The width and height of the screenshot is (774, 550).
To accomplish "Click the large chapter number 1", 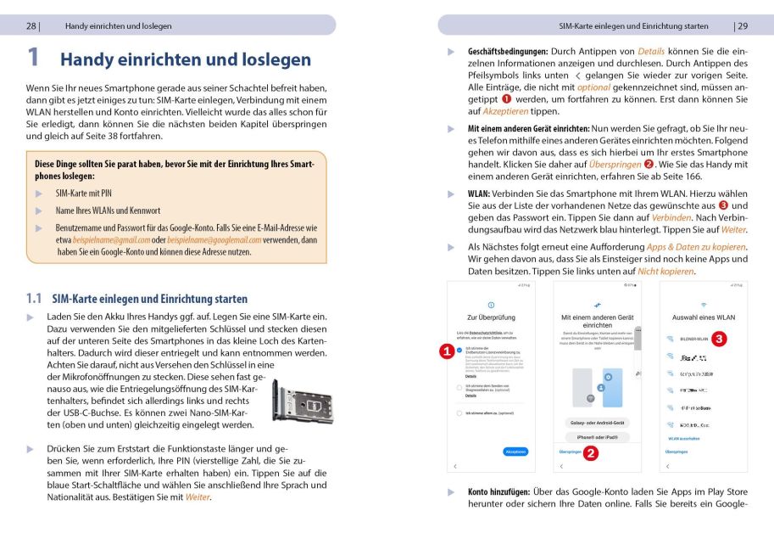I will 33,58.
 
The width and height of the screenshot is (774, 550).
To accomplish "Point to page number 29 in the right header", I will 742,25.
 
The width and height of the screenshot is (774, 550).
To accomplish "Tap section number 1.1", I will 34,299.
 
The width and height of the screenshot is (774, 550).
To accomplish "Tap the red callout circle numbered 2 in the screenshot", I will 592,452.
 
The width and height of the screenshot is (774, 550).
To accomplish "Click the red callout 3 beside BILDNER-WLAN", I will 720,339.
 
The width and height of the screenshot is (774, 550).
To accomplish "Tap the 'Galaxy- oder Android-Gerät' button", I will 598,422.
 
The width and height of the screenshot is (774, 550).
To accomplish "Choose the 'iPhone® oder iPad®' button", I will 598,437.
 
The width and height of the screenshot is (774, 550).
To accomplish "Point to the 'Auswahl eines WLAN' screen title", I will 703,317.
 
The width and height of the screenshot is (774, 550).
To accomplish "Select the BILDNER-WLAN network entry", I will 693,339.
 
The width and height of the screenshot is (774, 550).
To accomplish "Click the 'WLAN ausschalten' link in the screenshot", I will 683,439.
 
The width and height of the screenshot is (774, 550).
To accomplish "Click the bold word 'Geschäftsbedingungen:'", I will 508,52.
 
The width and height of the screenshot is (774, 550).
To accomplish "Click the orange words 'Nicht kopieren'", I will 665,271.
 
